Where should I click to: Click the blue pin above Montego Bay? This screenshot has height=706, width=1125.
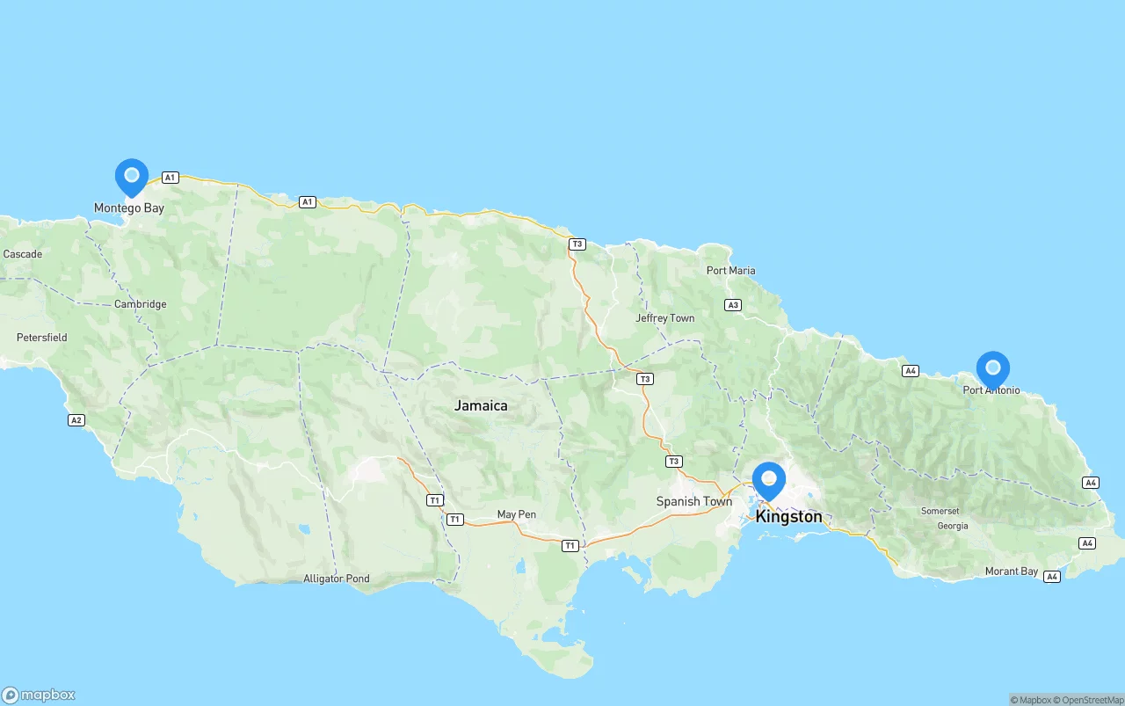point(132,176)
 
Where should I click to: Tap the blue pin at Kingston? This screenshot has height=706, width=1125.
point(769,479)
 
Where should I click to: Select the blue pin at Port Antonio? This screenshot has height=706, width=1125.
point(993,368)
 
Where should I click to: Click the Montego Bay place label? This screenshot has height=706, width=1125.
point(129,208)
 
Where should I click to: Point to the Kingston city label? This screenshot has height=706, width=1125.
point(788,516)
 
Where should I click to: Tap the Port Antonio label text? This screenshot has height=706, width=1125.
point(991,389)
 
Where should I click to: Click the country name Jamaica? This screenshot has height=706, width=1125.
point(481,405)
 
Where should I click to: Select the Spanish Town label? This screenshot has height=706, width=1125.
point(693,501)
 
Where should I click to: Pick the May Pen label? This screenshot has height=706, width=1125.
point(516,514)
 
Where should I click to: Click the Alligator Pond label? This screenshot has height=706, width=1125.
point(336,579)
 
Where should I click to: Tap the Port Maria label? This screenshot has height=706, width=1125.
point(730,270)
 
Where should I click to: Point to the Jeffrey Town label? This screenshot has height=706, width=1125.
point(664,318)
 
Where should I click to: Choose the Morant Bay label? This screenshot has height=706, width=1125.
point(1011,571)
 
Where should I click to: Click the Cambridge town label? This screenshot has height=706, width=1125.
point(140,304)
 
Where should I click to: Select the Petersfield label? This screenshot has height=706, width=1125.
point(41,338)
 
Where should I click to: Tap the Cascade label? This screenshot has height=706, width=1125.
point(22,254)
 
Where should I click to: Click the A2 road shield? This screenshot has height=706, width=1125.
point(76,420)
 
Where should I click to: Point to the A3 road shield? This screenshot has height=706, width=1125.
point(733,305)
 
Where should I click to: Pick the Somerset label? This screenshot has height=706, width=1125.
point(940,511)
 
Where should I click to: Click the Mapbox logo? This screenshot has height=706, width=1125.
point(39,695)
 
